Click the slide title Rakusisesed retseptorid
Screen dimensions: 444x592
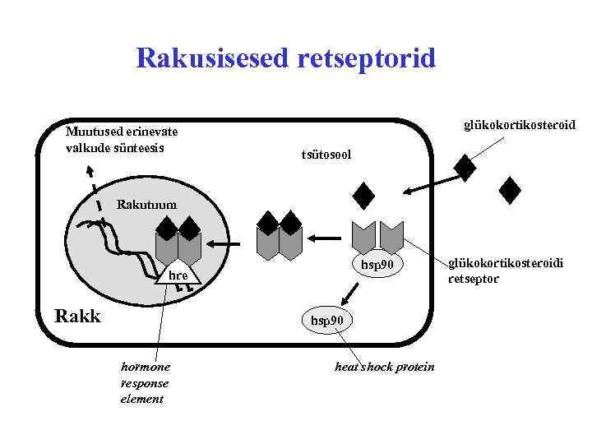pos(286,58)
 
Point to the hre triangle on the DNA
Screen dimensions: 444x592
pos(178,275)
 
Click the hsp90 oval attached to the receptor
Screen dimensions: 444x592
pos(378,264)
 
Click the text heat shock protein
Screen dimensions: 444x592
pos(384,367)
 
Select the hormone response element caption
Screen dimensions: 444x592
pos(145,382)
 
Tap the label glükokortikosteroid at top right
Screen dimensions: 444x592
pos(519,125)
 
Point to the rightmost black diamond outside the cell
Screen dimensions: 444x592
pos(511,190)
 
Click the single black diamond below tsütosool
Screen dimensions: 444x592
pos(363,196)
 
